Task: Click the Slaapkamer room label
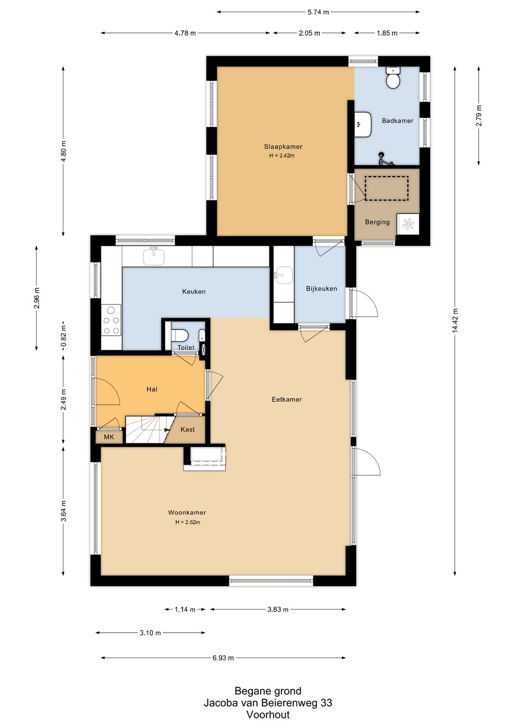pyautogui.click(x=283, y=146)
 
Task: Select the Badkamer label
pyautogui.click(x=397, y=121)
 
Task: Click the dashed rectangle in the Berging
pyautogui.click(x=387, y=188)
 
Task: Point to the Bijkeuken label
pyautogui.click(x=321, y=289)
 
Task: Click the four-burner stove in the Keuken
pyautogui.click(x=111, y=320)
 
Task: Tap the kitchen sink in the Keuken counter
pyautogui.click(x=154, y=255)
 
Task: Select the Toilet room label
pyautogui.click(x=186, y=347)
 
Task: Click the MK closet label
pyautogui.click(x=109, y=437)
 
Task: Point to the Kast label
pyautogui.click(x=187, y=429)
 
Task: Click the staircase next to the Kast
pyautogui.click(x=148, y=429)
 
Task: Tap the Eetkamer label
pyautogui.click(x=287, y=399)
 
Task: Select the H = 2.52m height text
pyautogui.click(x=187, y=522)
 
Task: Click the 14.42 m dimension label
pyautogui.click(x=454, y=321)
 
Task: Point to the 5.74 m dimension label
pyautogui.click(x=318, y=12)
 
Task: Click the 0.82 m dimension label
pyautogui.click(x=63, y=336)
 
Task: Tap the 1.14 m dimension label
pyautogui.click(x=185, y=609)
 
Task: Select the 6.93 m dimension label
pyautogui.click(x=223, y=658)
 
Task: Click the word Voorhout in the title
pyautogui.click(x=268, y=714)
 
